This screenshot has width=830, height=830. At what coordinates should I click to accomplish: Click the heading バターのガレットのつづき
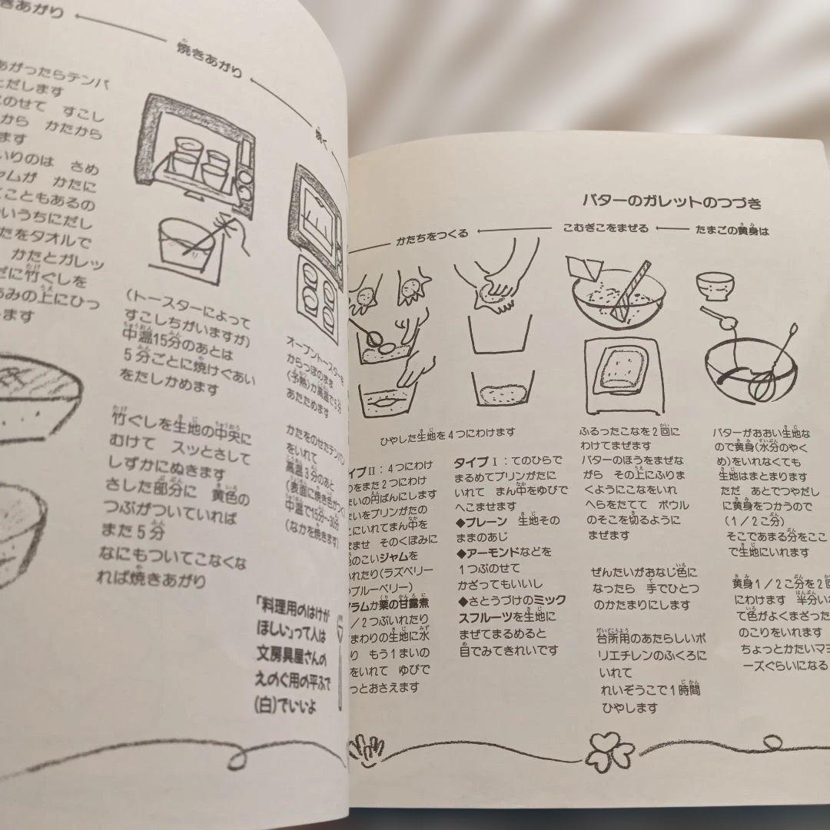[x=672, y=203]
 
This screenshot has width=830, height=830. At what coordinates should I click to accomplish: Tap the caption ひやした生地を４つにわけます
[x=447, y=433]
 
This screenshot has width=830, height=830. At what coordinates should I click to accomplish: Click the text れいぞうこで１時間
[x=650, y=690]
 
